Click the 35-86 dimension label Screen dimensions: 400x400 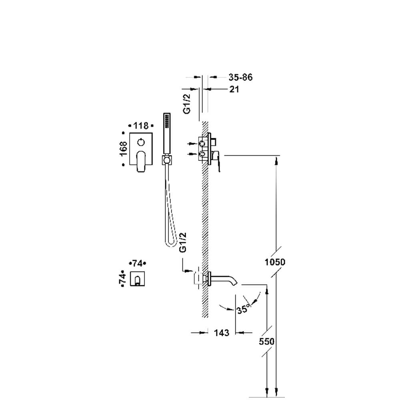(x=240, y=77)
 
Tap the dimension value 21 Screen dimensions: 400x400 (x=234, y=89)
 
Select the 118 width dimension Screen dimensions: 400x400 (x=141, y=126)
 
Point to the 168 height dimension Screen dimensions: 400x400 (x=123, y=149)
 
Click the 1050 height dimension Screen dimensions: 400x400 (x=275, y=262)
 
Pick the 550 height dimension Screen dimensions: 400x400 (x=266, y=341)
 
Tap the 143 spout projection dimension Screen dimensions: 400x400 (x=222, y=333)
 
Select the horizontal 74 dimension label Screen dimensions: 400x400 (x=137, y=263)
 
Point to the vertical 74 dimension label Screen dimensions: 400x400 (x=123, y=278)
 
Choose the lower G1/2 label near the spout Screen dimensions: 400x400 (x=183, y=242)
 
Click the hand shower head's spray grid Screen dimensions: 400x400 (x=167, y=121)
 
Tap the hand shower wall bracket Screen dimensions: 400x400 (x=166, y=160)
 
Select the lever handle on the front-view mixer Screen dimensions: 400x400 (x=141, y=161)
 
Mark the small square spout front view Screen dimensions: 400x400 (x=138, y=278)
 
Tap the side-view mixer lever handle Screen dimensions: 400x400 (x=217, y=161)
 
